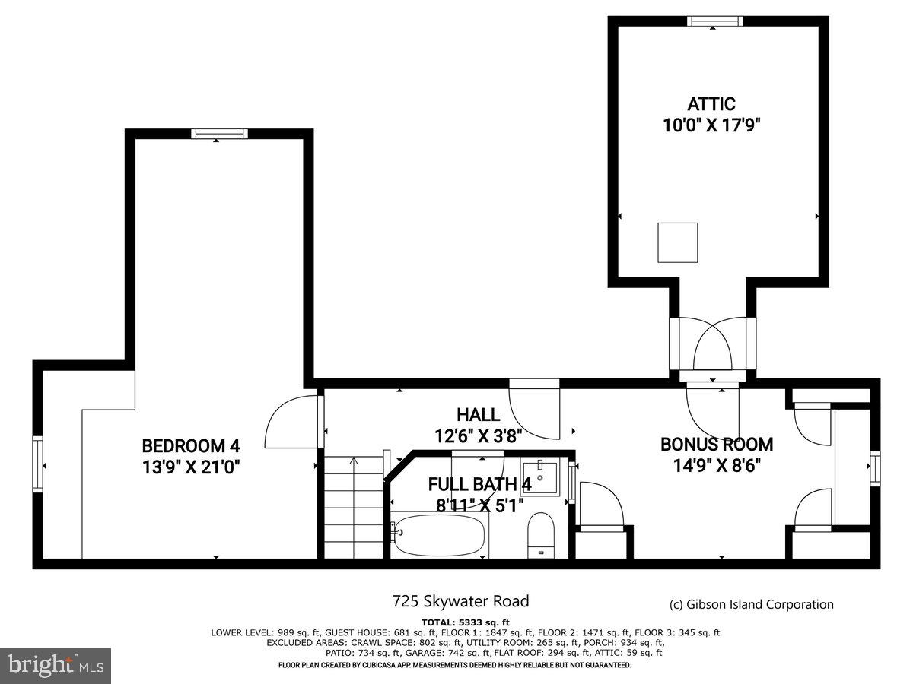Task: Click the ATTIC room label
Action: (x=711, y=104)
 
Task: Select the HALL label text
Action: (x=478, y=415)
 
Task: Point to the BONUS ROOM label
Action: (x=716, y=444)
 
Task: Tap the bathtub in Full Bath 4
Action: (x=440, y=536)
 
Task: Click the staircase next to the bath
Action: (x=355, y=509)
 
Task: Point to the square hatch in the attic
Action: (x=677, y=242)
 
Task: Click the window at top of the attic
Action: (x=714, y=21)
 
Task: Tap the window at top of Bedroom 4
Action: (x=219, y=134)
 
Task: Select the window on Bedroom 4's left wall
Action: (x=38, y=464)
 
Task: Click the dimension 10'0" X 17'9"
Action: (x=711, y=125)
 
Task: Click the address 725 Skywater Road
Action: (x=460, y=601)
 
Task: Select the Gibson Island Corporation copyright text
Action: (x=751, y=604)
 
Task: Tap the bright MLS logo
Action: (x=56, y=665)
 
